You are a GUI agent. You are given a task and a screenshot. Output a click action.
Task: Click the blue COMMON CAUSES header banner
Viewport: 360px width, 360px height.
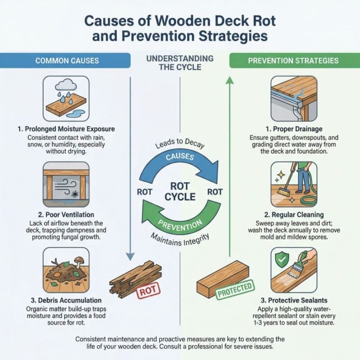click(x=65, y=60)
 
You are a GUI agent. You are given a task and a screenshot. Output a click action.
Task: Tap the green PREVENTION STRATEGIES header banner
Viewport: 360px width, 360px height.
click(x=295, y=60)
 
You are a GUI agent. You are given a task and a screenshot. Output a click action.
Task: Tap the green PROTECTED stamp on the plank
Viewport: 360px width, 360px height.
click(x=234, y=291)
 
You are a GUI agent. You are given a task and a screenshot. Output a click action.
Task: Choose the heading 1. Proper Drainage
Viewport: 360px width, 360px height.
click(x=295, y=129)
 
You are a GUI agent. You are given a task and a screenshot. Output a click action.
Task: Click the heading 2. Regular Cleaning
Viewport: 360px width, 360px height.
click(x=295, y=215)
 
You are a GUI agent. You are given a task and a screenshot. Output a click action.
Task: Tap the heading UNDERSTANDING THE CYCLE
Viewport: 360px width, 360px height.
click(x=180, y=63)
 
